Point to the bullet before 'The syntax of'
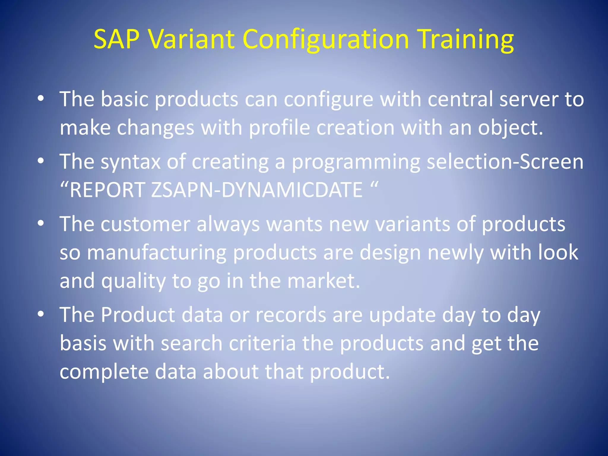tap(41, 161)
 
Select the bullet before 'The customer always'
tap(41, 223)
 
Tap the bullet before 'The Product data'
tap(41, 314)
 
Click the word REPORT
tap(107, 190)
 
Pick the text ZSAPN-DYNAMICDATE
tap(257, 190)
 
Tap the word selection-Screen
tap(505, 161)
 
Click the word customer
tap(145, 224)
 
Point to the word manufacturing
tap(156, 252)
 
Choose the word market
tap(321, 281)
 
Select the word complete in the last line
tap(104, 372)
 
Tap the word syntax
tap(131, 162)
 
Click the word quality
tap(133, 281)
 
